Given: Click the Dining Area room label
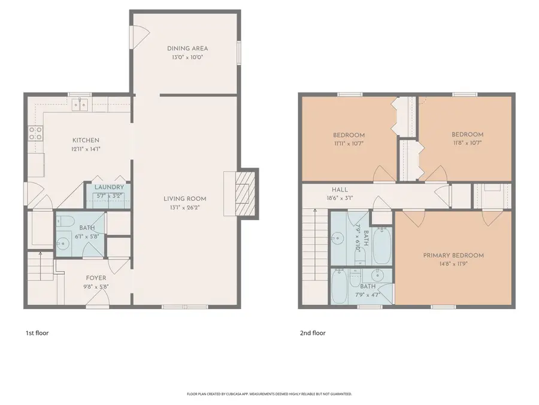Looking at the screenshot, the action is pos(187,49).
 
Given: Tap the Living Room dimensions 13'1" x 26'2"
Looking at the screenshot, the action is pos(184,208).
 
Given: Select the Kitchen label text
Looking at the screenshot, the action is pos(86,140).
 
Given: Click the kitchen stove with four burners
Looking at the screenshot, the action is pos(35,133).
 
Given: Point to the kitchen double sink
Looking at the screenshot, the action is pos(80,104).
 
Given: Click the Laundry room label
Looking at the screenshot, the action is pos(109,187).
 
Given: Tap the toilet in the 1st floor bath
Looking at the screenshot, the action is pos(65,221).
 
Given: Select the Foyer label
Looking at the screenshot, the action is pos(96,278).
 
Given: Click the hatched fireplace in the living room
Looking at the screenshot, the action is pos(245,193).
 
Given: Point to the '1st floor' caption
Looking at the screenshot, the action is pos(37,333).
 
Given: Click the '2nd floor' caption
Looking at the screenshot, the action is pos(313,333).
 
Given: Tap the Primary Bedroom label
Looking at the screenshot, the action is pos(453,255).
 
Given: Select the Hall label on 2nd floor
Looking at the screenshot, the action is pos(340,190).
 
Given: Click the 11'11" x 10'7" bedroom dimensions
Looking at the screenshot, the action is pos(349,143).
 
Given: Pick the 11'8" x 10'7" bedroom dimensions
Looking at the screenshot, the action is pos(467,143).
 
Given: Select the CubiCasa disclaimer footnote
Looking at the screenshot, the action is pos(269,394).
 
